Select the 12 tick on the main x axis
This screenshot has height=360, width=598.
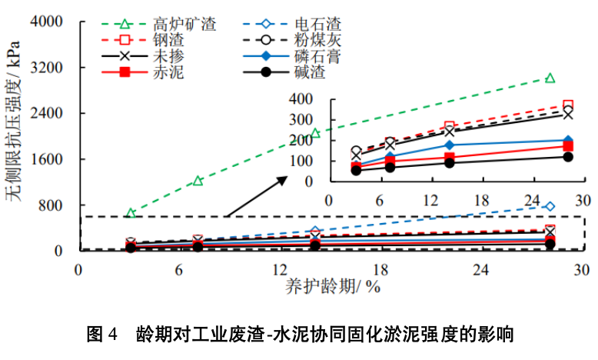pos(280,270)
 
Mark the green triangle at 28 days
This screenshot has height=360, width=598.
pos(550,78)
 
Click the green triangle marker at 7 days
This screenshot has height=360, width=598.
pos(198,181)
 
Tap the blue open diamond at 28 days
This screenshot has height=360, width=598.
pos(550,206)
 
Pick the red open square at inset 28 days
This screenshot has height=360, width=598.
pos(568,105)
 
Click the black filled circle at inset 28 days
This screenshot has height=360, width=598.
pos(568,157)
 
